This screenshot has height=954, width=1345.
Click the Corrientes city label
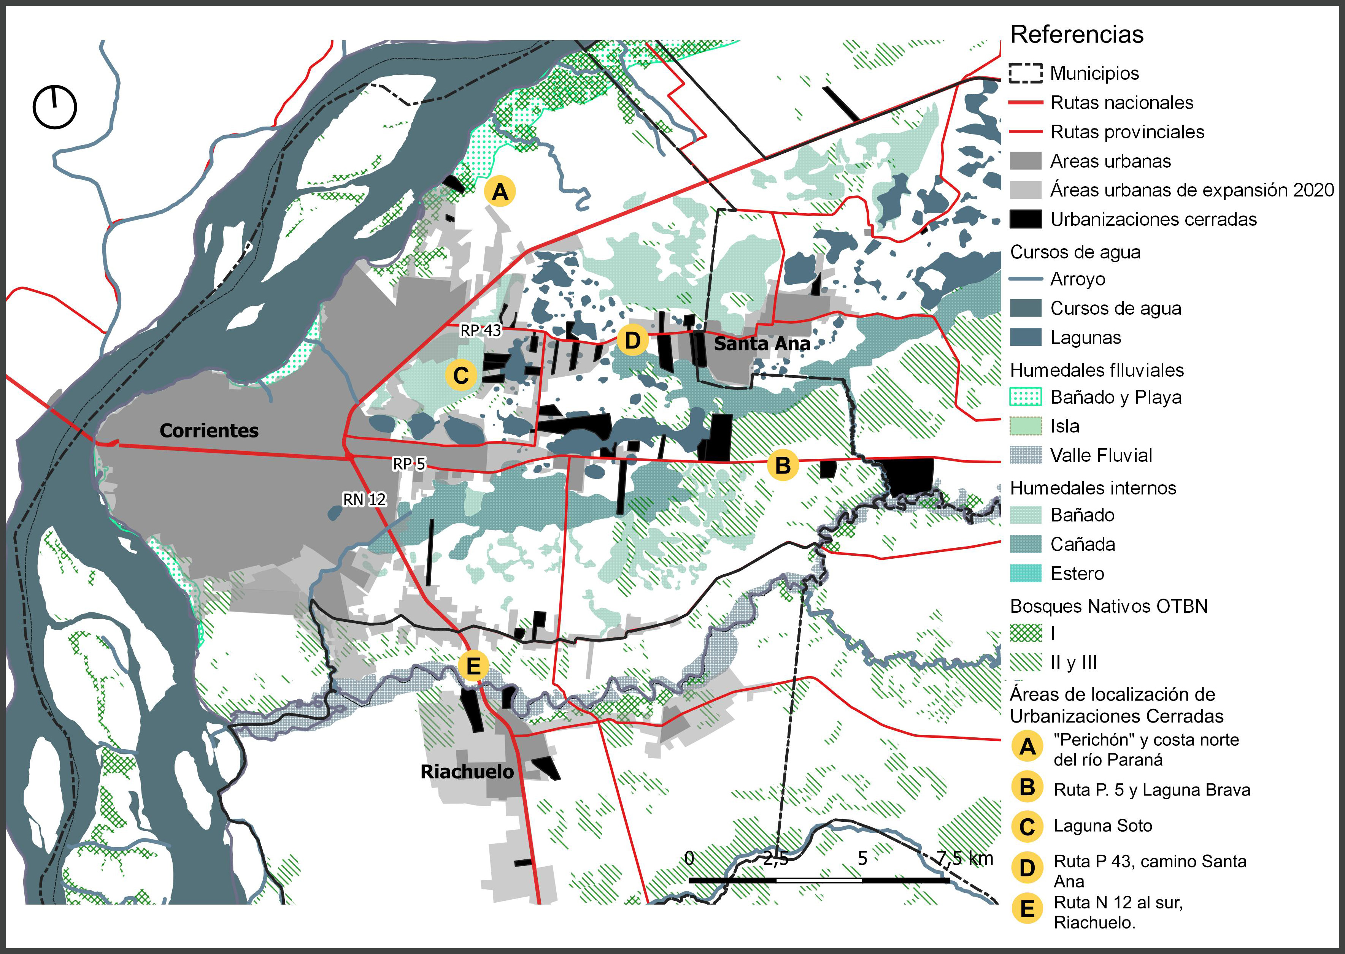(x=209, y=431)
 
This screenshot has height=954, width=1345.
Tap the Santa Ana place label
(x=762, y=344)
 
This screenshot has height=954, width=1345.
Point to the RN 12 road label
(x=364, y=499)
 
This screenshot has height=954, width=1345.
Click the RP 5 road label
(x=408, y=464)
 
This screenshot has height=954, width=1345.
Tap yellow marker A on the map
(x=500, y=192)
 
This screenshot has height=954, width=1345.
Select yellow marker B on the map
(x=783, y=465)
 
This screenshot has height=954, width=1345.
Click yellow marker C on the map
(x=461, y=376)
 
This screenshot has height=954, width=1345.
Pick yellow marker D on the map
(x=632, y=340)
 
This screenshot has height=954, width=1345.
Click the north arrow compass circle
(x=55, y=108)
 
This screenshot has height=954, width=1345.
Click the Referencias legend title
(x=1077, y=35)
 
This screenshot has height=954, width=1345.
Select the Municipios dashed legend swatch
(x=1025, y=73)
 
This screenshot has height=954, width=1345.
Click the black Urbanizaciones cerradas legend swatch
(x=1025, y=219)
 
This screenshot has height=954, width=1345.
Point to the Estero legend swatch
(x=1025, y=573)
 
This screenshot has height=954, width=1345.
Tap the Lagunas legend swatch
(x=1025, y=337)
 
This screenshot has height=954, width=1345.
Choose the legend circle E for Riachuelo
(x=1026, y=909)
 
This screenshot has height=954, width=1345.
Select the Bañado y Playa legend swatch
(x=1025, y=397)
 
